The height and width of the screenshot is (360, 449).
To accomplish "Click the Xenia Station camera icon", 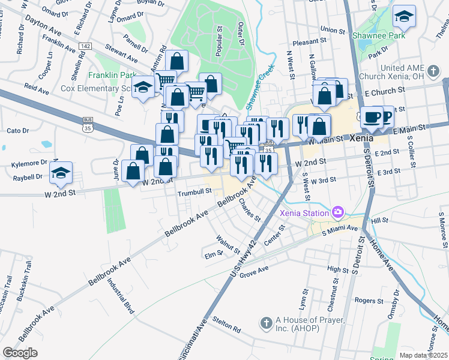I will coord(338,212).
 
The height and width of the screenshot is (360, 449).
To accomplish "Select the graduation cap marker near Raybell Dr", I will coord(61,173).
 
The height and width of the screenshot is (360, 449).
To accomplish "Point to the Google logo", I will coord(20,353).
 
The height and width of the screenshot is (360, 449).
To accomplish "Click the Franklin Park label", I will coord(112,76).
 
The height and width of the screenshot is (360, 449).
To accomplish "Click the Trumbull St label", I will coord(195,192).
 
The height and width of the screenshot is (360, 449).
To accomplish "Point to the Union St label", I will coord(333,29).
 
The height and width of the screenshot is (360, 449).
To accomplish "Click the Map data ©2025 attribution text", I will coord(423,355).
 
